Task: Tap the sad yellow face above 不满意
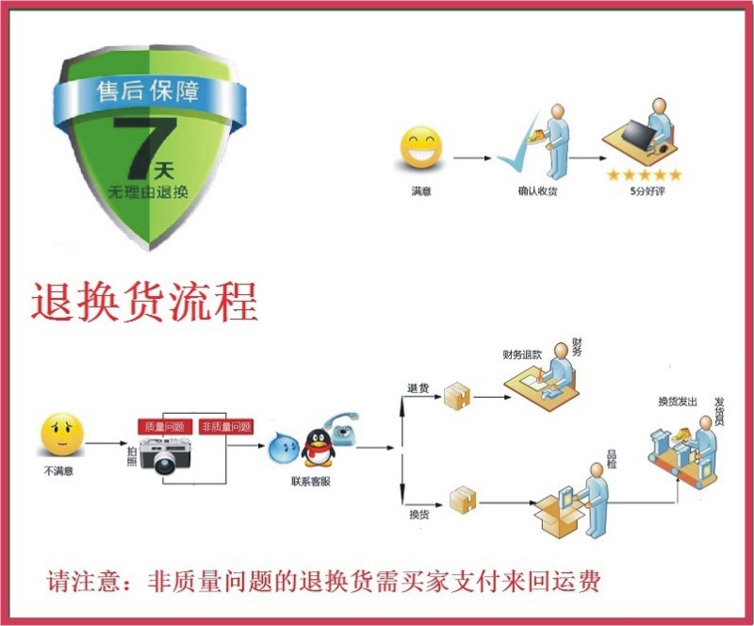(x=62, y=435)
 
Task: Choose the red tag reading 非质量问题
(x=226, y=426)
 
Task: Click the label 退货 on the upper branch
(x=418, y=387)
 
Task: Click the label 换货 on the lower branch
(x=419, y=515)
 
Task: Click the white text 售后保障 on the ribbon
(x=150, y=92)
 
